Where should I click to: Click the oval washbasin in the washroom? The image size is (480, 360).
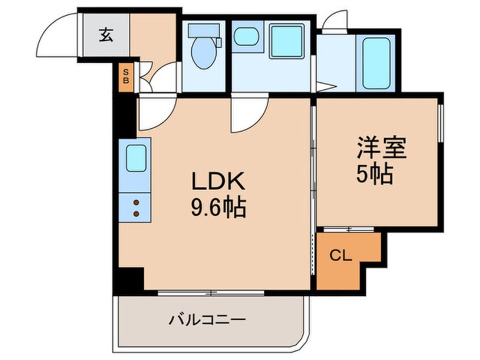(246, 37)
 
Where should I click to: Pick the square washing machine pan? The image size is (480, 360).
(287, 40)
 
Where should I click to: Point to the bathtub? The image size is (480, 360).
(376, 62)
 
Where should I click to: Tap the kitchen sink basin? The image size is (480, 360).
(136, 157)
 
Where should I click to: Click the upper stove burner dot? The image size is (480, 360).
(136, 201)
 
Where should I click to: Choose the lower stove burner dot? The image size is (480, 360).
(136, 214)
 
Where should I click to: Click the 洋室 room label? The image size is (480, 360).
(382, 149)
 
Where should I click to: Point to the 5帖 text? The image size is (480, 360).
(374, 175)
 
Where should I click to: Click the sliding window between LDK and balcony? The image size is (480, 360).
(211, 293)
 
